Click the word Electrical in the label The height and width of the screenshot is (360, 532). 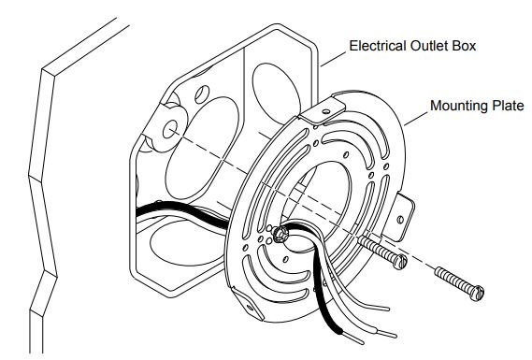click(x=378, y=46)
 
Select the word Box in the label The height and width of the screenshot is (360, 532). click(x=464, y=46)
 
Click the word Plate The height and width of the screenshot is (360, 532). click(x=505, y=106)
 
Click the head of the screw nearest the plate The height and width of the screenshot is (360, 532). click(x=400, y=262)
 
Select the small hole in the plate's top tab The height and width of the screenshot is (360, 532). click(x=325, y=111)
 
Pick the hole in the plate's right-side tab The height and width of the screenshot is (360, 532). click(x=400, y=220)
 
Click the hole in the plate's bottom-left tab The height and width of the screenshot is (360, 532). click(x=250, y=308)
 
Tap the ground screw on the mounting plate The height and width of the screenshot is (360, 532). click(x=280, y=235)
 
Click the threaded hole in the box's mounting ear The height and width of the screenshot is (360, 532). click(x=169, y=130)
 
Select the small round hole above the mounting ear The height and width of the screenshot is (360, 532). click(x=202, y=94)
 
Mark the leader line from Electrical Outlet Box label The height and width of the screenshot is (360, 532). click(x=333, y=59)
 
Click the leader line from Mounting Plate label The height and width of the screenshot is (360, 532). click(x=416, y=119)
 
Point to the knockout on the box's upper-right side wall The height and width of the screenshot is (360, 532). click(x=276, y=94)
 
